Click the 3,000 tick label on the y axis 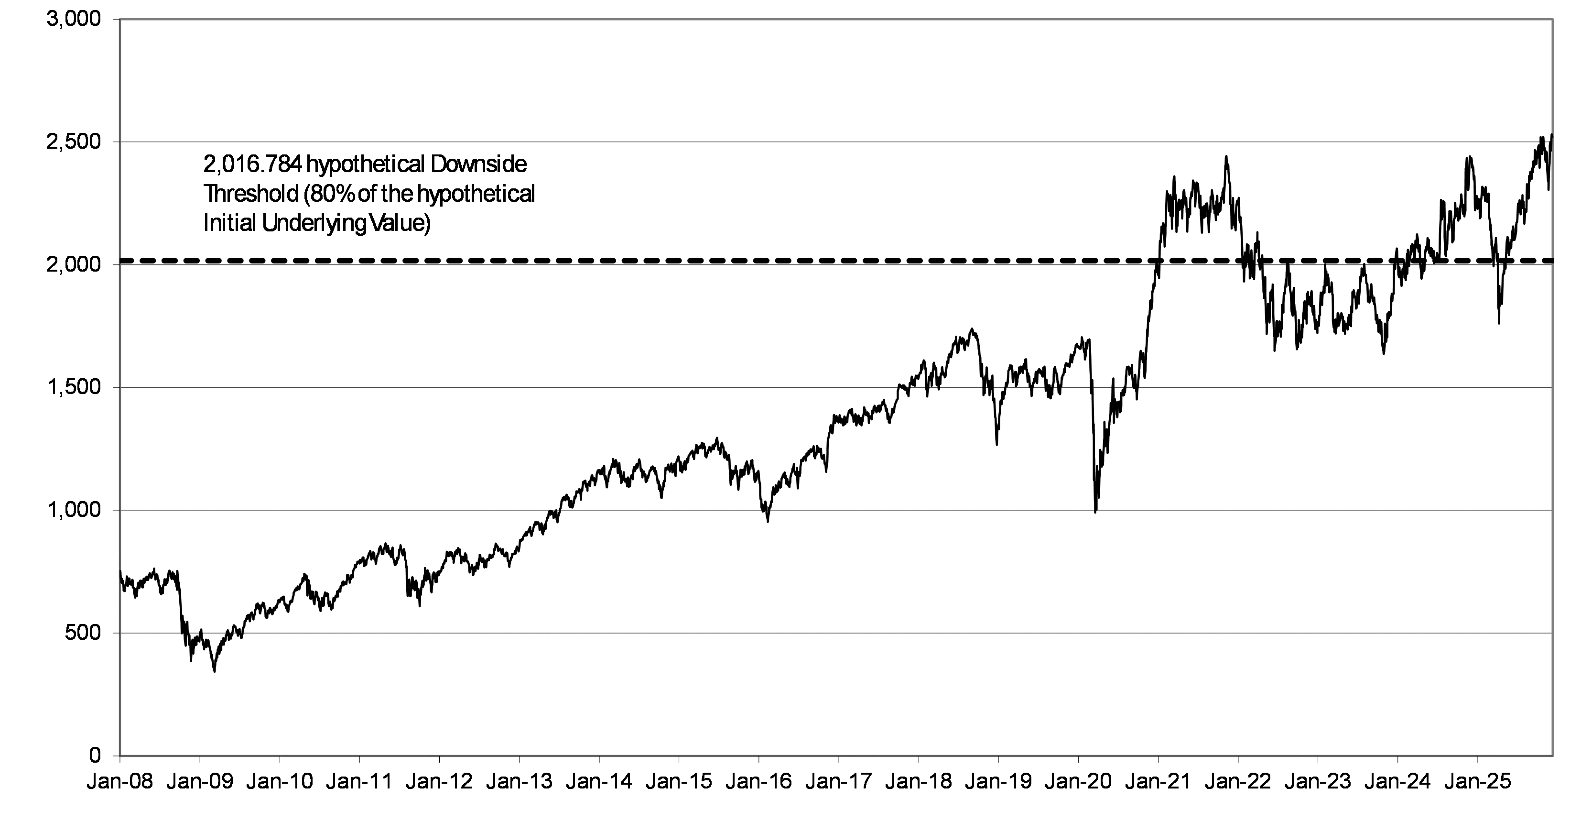73,19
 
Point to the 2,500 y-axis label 73,142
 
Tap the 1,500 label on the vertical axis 73,387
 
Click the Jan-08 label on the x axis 120,782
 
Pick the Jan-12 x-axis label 439,782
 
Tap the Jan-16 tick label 759,782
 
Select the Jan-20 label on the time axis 1078,782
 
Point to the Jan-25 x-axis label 1477,782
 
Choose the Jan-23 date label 1318,782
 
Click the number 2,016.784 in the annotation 252,164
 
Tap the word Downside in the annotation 478,164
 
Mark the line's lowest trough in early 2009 214,671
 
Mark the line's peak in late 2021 1226,156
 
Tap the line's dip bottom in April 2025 1499,323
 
